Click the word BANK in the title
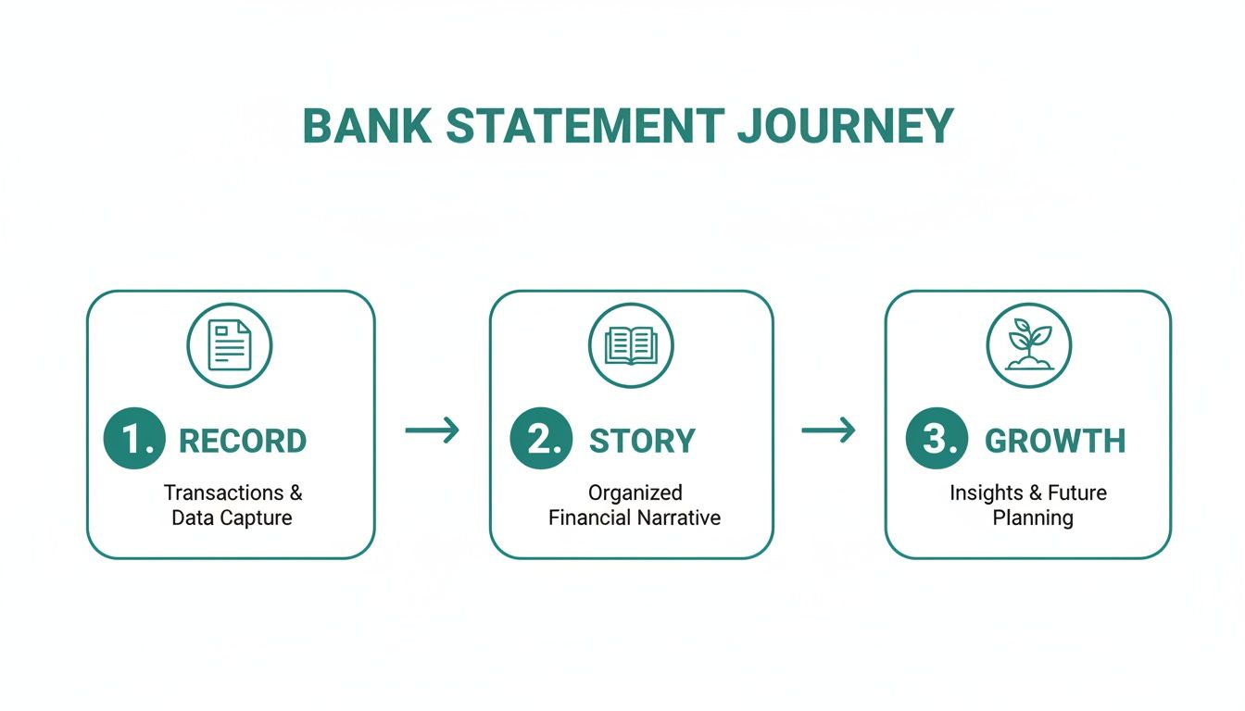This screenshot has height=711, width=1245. click(367, 127)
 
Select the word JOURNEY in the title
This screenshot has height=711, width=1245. click(845, 127)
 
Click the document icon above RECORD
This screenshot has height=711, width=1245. click(230, 345)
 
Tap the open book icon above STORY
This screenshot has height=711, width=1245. click(631, 345)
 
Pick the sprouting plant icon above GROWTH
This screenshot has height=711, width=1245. click(1028, 345)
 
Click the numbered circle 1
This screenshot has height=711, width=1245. click(134, 440)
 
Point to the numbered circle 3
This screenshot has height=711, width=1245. click(937, 440)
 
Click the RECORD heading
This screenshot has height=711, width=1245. click(243, 442)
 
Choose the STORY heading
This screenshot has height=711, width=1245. click(642, 442)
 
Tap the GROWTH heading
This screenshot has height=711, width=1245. click(1055, 442)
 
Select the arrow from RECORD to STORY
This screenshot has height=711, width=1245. click(433, 430)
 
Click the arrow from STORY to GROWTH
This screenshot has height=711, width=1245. click(828, 430)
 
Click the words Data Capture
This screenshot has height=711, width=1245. click(232, 518)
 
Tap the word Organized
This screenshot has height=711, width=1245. click(635, 493)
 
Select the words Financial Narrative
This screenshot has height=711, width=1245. click(635, 518)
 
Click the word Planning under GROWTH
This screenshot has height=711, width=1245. click(1033, 518)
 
